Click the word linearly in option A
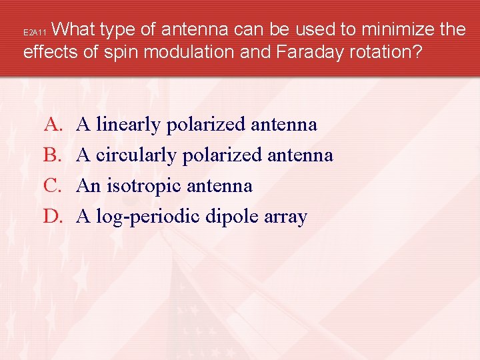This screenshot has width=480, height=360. [x=129, y=125]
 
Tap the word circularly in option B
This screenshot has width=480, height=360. [x=135, y=155]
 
